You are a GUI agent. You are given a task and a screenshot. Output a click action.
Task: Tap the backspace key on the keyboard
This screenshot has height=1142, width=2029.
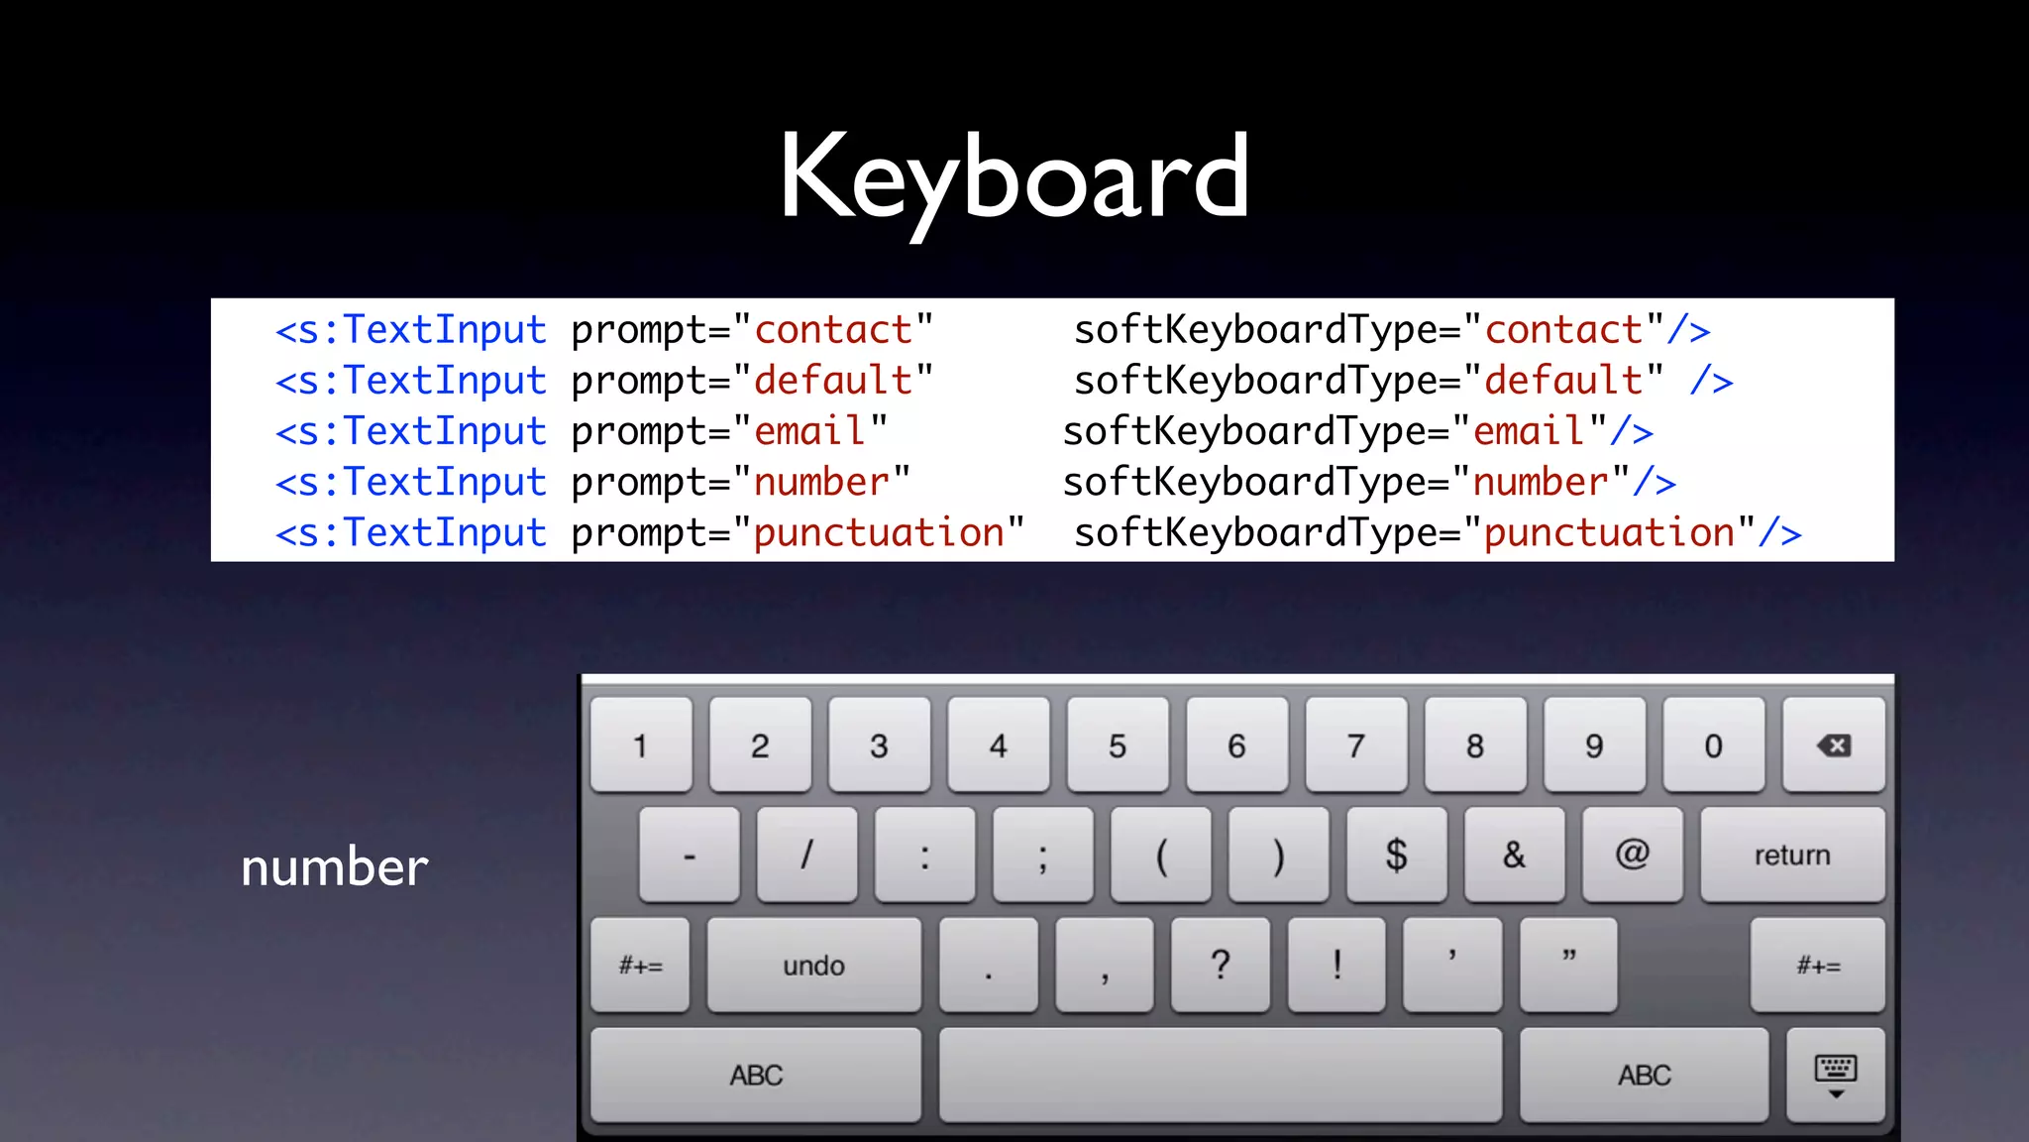click(x=1833, y=745)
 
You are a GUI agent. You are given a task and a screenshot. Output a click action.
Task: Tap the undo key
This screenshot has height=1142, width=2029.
click(x=813, y=965)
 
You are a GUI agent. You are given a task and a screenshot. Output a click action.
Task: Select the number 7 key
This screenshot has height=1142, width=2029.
click(x=1355, y=745)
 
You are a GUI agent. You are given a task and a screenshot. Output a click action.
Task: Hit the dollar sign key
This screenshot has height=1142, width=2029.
click(x=1396, y=855)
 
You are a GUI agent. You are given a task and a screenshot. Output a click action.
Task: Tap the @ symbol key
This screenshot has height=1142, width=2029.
click(x=1632, y=855)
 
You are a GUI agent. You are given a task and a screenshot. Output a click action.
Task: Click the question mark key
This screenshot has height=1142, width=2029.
click(x=1221, y=965)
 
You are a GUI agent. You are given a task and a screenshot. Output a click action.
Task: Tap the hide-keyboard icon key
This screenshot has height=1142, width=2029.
click(x=1835, y=1076)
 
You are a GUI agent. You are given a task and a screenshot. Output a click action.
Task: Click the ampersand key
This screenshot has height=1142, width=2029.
click(x=1514, y=855)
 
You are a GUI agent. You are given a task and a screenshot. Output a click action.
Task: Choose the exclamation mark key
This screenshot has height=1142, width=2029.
click(x=1336, y=965)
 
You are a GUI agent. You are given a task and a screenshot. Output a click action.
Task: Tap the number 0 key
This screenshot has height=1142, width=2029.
click(x=1713, y=745)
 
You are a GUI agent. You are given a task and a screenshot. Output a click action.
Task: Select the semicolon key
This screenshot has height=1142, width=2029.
click(x=1042, y=855)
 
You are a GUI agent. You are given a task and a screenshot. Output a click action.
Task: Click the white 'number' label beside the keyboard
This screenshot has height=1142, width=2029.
click(x=335, y=867)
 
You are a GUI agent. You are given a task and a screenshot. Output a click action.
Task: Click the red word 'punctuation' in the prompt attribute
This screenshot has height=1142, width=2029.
click(x=879, y=533)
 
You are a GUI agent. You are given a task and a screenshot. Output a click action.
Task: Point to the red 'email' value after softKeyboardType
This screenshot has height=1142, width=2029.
click(x=1529, y=432)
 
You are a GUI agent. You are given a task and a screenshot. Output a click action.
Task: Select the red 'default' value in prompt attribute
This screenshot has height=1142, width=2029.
click(x=833, y=382)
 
